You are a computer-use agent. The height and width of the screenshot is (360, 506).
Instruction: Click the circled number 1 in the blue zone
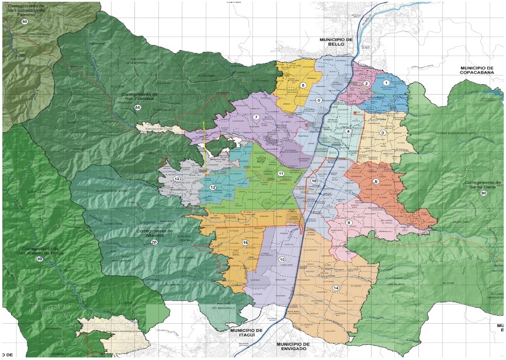(x=386, y=84)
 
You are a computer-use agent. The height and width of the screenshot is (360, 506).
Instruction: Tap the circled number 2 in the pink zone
(x=366, y=84)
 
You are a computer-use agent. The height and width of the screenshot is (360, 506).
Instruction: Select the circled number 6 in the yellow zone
(x=303, y=85)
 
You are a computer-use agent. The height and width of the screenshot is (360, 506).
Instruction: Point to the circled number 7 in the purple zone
(x=256, y=117)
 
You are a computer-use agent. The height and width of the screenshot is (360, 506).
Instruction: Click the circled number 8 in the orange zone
(x=376, y=182)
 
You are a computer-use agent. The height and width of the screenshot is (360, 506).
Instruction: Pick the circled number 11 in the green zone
(x=280, y=174)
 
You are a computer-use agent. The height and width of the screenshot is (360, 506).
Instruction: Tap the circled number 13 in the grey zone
(x=176, y=179)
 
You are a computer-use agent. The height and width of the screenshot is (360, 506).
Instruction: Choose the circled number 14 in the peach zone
(x=336, y=288)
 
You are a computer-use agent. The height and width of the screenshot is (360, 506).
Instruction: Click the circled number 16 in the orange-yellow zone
(x=245, y=243)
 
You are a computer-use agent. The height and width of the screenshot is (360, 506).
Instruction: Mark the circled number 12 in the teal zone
(x=213, y=188)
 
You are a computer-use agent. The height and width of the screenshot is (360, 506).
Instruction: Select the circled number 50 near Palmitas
(x=25, y=22)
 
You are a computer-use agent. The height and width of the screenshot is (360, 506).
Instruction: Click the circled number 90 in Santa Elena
(x=484, y=193)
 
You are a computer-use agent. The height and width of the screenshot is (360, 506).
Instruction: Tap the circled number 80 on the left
(x=40, y=259)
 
